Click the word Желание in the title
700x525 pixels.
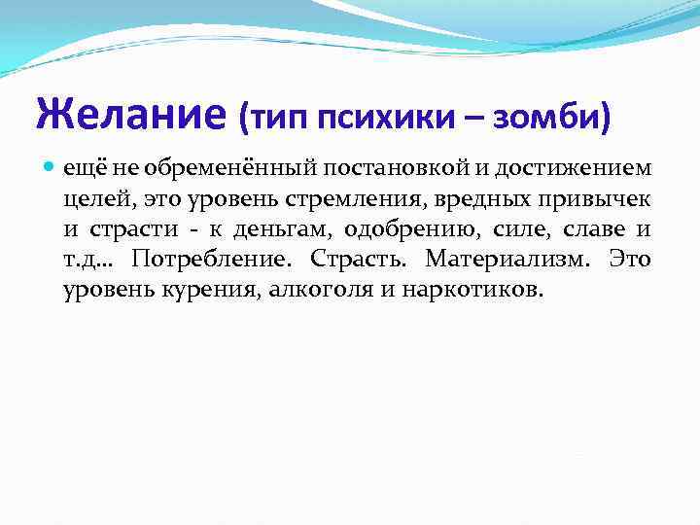pyautogui.click(x=131, y=115)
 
